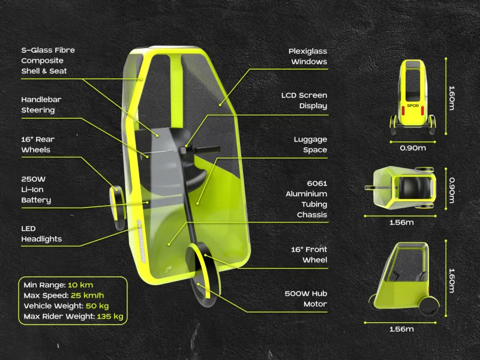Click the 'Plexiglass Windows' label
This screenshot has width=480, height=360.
pyautogui.click(x=308, y=56)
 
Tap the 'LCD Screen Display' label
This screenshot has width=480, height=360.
pyautogui.click(x=304, y=101)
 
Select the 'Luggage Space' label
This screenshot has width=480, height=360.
pyautogui.click(x=310, y=145)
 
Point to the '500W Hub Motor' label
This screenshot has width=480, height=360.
pyautogui.click(x=306, y=299)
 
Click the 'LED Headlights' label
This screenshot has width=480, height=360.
pyautogui.click(x=41, y=234)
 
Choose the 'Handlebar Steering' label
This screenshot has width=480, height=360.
pyautogui.click(x=41, y=104)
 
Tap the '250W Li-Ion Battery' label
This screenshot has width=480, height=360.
pyautogui.click(x=36, y=190)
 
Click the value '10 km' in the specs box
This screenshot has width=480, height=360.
pyautogui.click(x=80, y=285)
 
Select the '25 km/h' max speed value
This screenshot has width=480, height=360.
pyautogui.click(x=87, y=295)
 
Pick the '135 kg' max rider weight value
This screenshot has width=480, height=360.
pyautogui.click(x=110, y=316)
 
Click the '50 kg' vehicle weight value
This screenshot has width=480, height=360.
pyautogui.click(x=97, y=306)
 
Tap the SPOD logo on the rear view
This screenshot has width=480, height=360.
pyautogui.click(x=413, y=106)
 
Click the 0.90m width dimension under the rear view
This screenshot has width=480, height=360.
pyautogui.click(x=413, y=148)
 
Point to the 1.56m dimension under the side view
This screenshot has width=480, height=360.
pyautogui.click(x=401, y=329)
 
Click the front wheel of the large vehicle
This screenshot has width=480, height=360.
pyautogui.click(x=203, y=275)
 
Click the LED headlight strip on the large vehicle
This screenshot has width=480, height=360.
pyautogui.click(x=141, y=241)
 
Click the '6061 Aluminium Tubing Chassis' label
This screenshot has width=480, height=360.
pyautogui.click(x=307, y=199)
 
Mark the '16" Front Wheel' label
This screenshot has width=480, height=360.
pyautogui.click(x=309, y=254)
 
